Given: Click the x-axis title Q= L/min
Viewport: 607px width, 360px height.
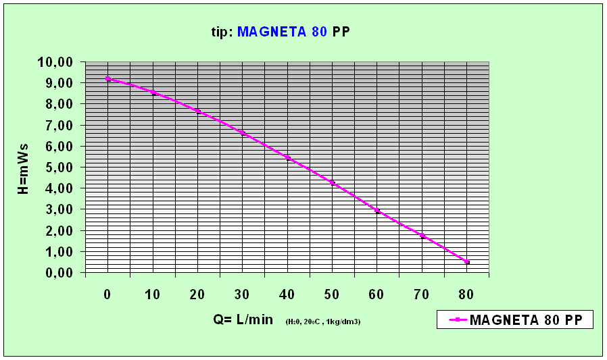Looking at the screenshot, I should [x=242, y=319].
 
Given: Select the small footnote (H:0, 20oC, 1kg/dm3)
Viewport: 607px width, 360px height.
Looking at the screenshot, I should [x=323, y=322].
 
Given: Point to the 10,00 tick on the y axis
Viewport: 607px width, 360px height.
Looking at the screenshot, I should [x=58, y=62].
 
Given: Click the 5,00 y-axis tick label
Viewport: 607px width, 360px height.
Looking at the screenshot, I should [x=61, y=168].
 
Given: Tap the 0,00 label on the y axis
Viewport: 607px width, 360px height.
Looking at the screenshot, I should [x=61, y=273].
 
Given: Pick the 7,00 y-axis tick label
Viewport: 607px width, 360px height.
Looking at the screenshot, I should [x=61, y=126].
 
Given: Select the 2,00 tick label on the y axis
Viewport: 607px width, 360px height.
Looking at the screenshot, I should [x=61, y=231].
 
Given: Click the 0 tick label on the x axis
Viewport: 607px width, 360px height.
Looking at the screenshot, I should [x=107, y=294].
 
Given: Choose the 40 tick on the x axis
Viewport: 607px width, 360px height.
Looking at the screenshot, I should [x=287, y=294].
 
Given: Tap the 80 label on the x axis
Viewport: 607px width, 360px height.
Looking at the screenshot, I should [x=466, y=294].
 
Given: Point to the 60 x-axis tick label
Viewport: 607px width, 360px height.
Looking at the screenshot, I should [x=377, y=294].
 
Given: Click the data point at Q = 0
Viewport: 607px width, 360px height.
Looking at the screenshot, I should [x=107, y=79].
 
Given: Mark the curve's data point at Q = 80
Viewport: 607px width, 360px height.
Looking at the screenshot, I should [x=466, y=262].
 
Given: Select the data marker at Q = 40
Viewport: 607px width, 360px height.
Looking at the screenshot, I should [x=287, y=158].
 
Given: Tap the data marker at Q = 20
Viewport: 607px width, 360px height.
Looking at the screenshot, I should [x=197, y=111].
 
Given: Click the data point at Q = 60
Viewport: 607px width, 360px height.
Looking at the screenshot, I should [x=377, y=211].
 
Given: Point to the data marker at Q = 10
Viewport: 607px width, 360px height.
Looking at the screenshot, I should [x=153, y=93].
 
